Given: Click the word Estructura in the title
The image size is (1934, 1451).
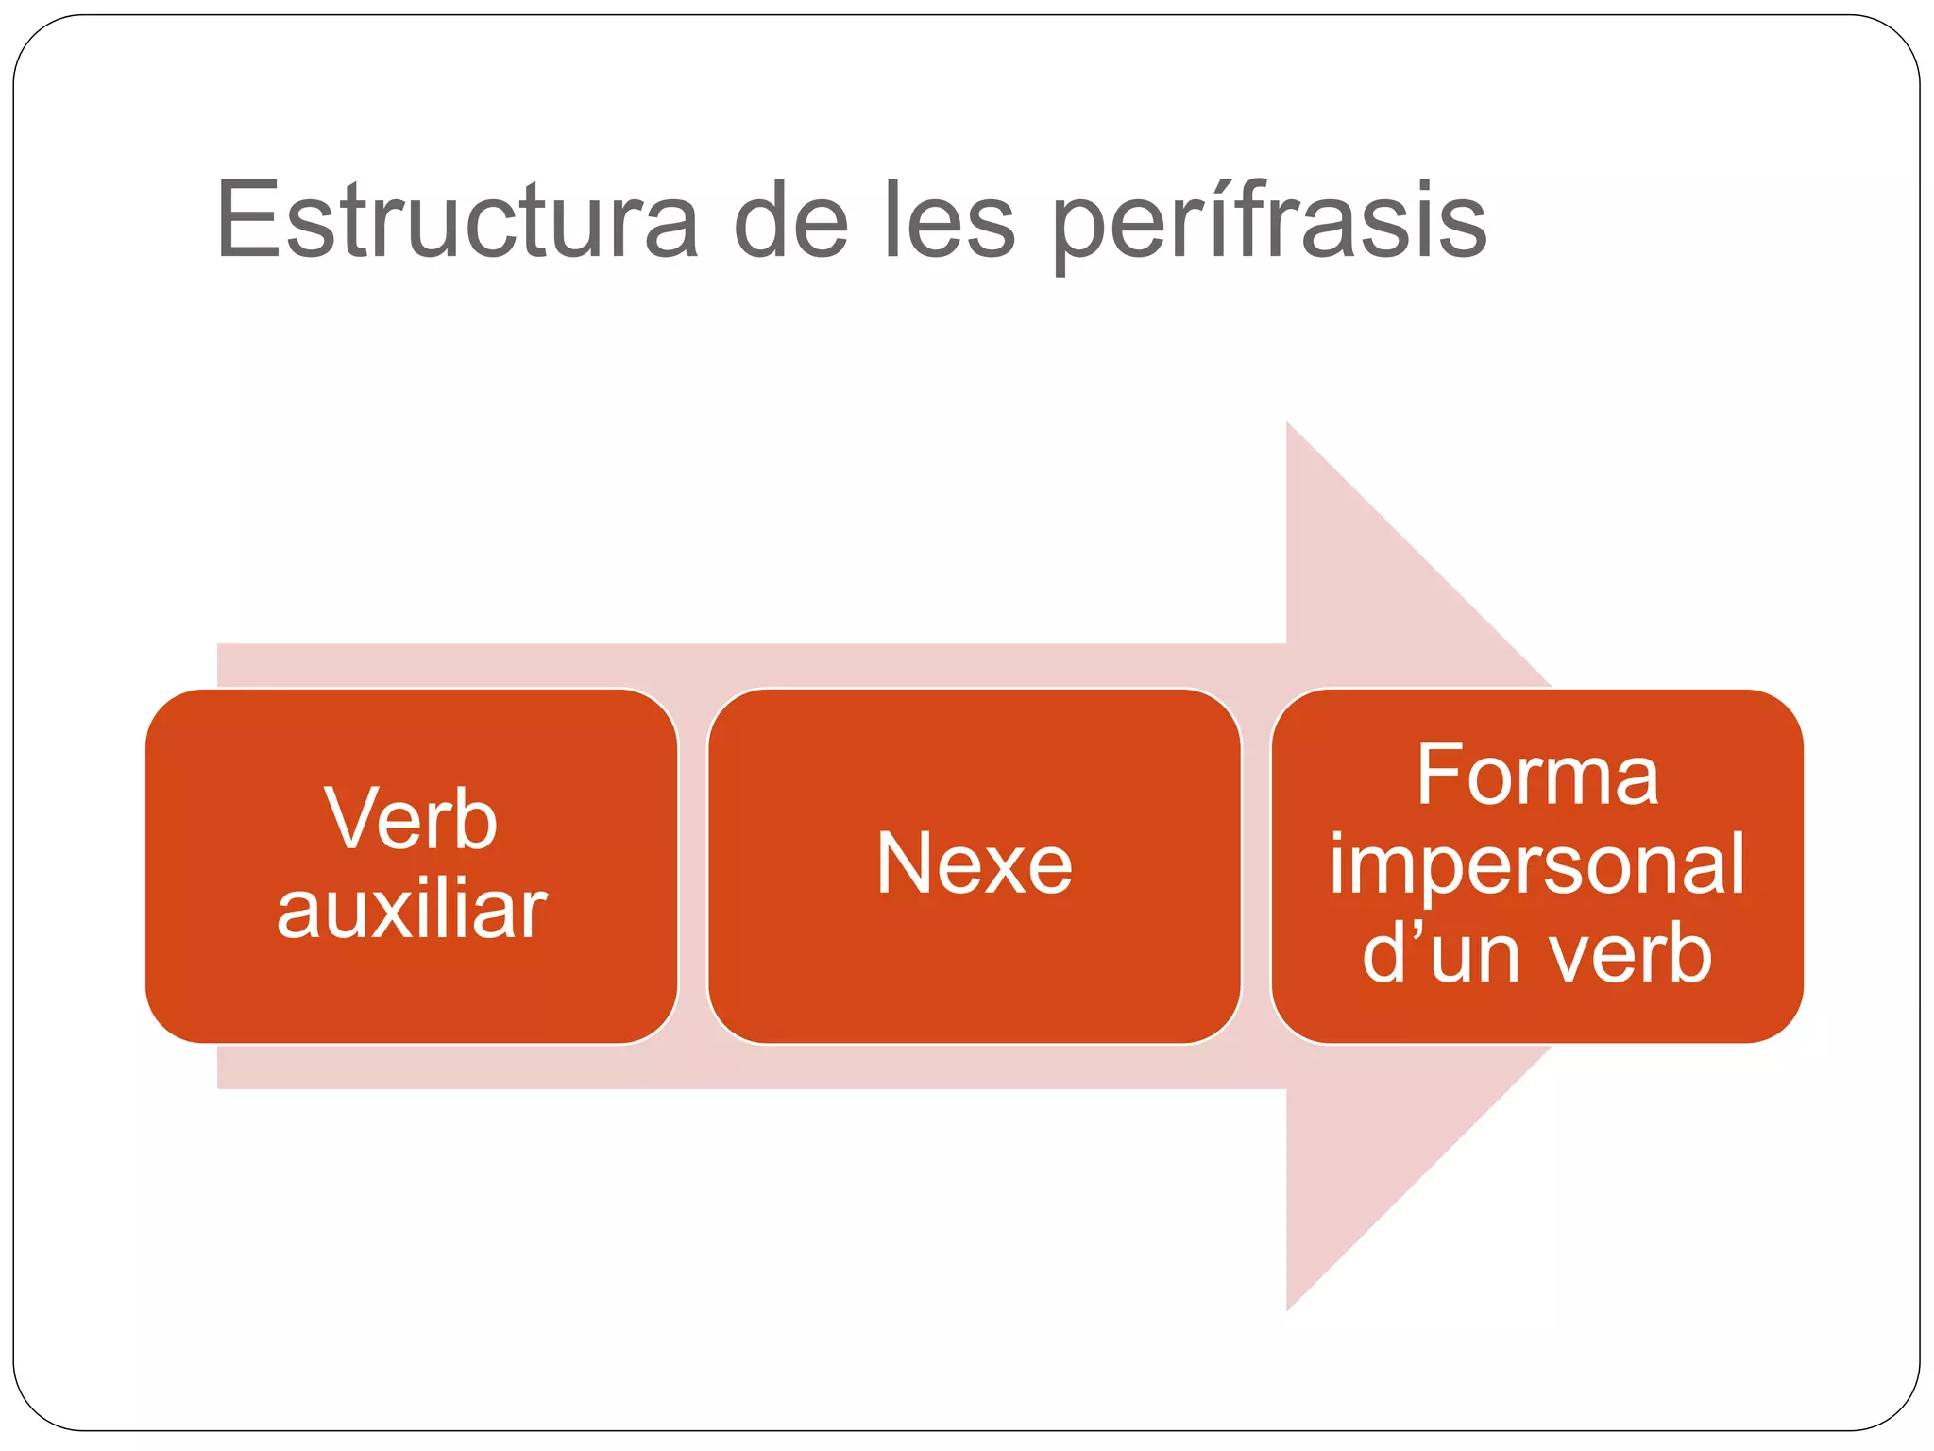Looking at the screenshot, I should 457,221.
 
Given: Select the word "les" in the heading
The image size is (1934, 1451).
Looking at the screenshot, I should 950,221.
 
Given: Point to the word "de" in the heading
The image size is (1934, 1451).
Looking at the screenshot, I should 790,221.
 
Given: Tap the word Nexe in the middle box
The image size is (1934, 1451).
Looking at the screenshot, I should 974,863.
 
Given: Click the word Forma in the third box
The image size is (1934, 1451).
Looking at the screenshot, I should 1536,776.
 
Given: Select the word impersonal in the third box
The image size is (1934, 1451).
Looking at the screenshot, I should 1536,863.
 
